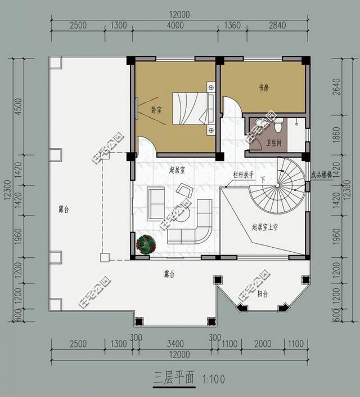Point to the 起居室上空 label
pos(266,227)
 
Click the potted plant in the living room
pos(146,244)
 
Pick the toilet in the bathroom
pos(260,124)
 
